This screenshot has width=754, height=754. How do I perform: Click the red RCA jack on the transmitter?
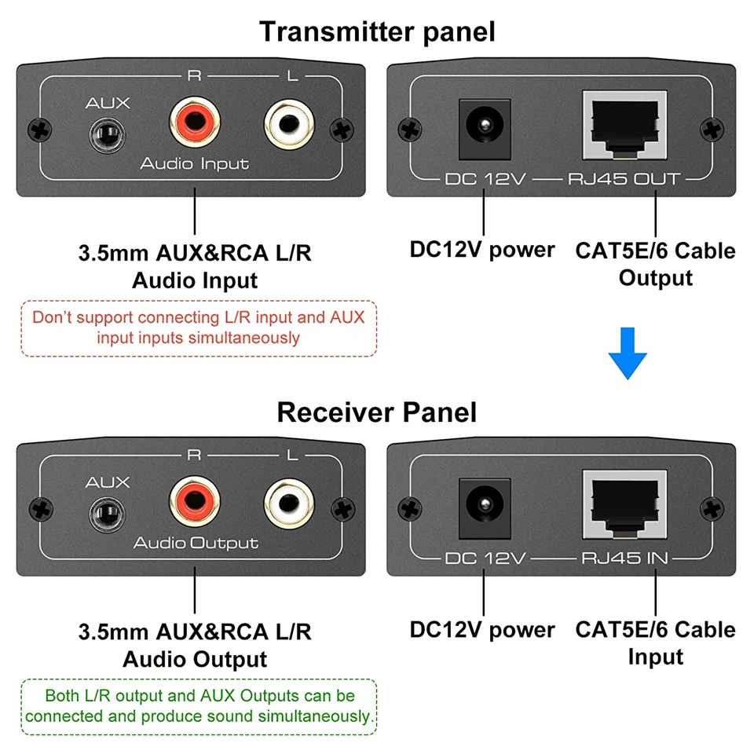(195, 123)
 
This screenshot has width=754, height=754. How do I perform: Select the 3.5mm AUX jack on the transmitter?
(108, 135)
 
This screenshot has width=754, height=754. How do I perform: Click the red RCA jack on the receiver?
(195, 502)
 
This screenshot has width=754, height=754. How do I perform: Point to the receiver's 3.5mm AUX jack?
(108, 514)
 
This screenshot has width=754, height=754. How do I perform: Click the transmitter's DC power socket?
(485, 130)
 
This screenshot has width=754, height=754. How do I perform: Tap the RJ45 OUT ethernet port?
(624, 125)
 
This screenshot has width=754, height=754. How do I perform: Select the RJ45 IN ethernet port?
(624, 504)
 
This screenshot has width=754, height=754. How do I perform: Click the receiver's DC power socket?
(485, 509)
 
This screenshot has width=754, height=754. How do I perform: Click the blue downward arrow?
(628, 353)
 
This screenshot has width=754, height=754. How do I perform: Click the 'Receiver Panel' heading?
(377, 412)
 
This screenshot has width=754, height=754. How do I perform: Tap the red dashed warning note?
(199, 328)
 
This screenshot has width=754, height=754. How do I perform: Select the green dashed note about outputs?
(199, 707)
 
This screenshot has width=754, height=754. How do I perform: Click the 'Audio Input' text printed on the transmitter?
(195, 164)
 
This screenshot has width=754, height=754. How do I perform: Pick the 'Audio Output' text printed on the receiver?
(196, 544)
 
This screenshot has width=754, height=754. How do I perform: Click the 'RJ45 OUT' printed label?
(624, 179)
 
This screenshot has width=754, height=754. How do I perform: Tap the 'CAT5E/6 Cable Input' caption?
(655, 643)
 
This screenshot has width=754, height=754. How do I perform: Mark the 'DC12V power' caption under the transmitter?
(482, 250)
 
